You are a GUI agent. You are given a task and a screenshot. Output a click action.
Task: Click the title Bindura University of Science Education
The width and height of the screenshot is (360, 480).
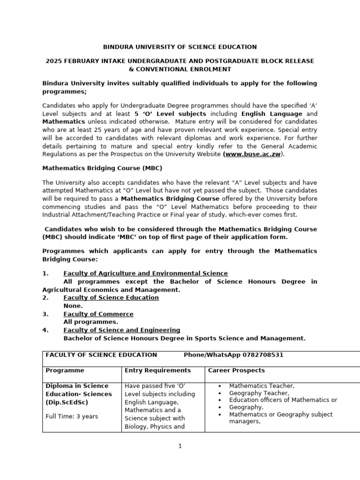click(180, 47)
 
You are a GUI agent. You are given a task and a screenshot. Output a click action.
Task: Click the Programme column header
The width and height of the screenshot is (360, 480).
click(65, 370)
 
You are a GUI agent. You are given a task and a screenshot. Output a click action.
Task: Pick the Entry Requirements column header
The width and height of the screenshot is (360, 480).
click(157, 370)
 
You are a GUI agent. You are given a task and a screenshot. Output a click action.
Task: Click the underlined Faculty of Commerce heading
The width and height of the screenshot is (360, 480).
click(98, 314)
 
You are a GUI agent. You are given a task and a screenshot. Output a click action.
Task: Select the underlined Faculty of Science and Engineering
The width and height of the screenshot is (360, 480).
click(121, 330)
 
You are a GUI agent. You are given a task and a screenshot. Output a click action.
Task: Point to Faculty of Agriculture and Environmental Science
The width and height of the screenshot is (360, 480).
click(145, 273)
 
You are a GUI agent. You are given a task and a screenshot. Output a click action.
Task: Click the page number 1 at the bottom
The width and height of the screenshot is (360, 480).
click(180, 446)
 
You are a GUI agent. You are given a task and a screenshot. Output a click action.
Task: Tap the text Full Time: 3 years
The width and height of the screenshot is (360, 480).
click(72, 416)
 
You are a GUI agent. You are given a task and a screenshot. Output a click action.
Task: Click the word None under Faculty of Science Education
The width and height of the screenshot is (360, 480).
click(73, 306)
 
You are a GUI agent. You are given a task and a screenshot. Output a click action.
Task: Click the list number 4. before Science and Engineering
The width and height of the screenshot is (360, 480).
click(45, 330)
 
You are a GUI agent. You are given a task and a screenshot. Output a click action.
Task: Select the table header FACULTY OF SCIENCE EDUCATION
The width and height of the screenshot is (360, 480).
click(101, 355)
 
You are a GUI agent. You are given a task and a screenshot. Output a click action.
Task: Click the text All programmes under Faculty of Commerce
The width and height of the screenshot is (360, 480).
click(90, 322)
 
